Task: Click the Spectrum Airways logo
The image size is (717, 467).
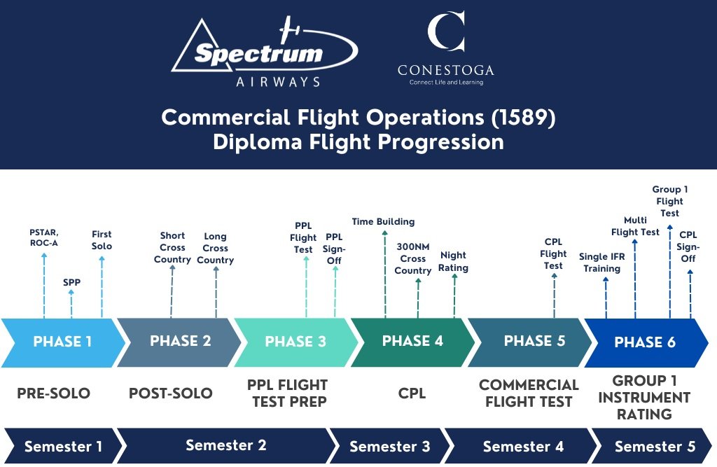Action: (x=265, y=53)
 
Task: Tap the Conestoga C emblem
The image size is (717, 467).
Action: (x=446, y=32)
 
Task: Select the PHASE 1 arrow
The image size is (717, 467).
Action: (x=62, y=342)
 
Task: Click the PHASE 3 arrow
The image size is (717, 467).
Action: (x=295, y=342)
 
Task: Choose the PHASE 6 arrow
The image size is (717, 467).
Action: (x=645, y=342)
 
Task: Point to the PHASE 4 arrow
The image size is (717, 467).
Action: (x=412, y=342)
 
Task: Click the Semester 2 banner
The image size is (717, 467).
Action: (x=225, y=446)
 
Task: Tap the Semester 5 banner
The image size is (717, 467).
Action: (x=654, y=446)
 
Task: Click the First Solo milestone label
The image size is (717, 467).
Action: (x=102, y=240)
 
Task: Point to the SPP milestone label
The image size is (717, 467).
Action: (x=71, y=283)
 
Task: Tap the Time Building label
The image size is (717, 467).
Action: (x=383, y=222)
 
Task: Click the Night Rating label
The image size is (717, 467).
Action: (x=454, y=262)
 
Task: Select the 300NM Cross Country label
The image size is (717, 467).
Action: (x=413, y=258)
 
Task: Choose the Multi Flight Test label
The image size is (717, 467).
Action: (x=635, y=225)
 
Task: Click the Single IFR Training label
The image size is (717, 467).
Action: (x=601, y=263)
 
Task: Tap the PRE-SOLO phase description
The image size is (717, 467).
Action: (x=53, y=393)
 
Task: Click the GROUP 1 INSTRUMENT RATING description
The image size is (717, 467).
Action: (x=644, y=398)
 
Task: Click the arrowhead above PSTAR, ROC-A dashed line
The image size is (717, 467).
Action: (x=44, y=256)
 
